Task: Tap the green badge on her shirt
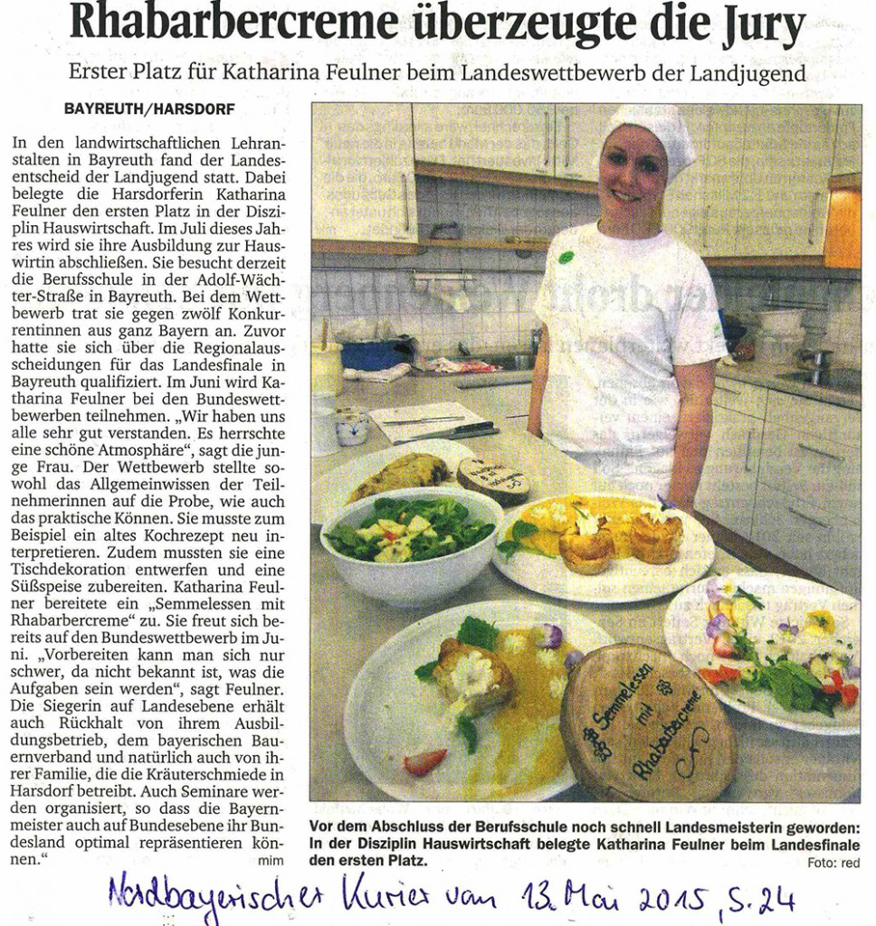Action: pyautogui.click(x=567, y=258)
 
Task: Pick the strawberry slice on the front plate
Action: pyautogui.click(x=424, y=762)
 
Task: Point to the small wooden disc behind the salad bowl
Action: pyautogui.click(x=493, y=477)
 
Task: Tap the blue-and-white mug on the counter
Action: pyautogui.click(x=351, y=426)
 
